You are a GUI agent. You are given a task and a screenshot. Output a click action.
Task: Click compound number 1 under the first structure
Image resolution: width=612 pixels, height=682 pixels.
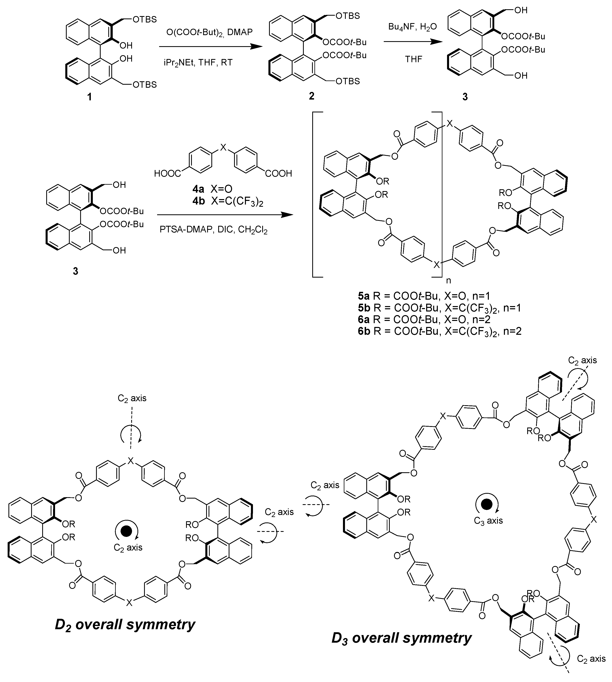[89, 97]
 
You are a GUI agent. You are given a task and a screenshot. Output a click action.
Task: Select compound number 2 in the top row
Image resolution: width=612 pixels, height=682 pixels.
[312, 96]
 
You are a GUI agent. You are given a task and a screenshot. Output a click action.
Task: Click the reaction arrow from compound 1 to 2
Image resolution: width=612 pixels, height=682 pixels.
[210, 47]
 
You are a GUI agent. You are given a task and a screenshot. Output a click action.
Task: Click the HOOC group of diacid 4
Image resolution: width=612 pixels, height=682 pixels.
[167, 174]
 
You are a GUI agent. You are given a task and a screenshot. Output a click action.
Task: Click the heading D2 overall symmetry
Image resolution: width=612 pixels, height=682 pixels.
[125, 625]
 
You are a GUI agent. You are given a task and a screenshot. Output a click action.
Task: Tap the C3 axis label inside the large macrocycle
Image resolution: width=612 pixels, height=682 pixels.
[488, 521]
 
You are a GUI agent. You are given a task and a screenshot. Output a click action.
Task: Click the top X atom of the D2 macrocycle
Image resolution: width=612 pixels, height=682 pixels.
[131, 461]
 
